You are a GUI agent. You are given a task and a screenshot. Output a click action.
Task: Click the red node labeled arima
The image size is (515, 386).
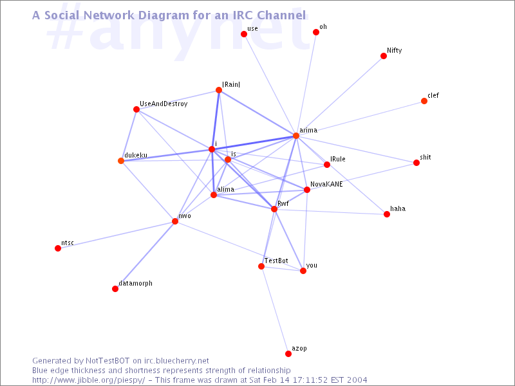click(296, 136)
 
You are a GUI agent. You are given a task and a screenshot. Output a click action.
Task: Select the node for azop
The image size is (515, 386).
click(288, 353)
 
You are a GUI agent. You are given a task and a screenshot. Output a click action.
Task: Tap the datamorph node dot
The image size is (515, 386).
click(115, 288)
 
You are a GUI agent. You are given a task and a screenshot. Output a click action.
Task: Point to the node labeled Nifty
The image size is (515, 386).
click(383, 56)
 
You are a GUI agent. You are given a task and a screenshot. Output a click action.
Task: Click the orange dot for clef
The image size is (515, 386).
click(424, 101)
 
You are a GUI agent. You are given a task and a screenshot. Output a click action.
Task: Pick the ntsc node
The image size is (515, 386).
click(58, 248)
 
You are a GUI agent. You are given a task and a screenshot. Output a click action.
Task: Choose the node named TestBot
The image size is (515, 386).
click(261, 266)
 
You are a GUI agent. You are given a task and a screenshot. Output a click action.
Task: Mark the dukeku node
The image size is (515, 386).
click(121, 160)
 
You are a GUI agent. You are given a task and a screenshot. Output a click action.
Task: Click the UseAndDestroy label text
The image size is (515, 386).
click(164, 104)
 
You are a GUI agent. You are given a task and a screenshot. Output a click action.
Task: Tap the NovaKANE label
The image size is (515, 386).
click(326, 184)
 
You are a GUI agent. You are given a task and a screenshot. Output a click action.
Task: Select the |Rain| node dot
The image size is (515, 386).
click(219, 90)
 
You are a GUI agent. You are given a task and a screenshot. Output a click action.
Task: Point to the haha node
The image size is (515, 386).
click(387, 214)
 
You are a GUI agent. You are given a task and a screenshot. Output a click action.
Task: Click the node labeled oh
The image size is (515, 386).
click(315, 32)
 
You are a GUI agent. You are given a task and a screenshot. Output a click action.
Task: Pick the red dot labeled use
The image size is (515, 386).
click(244, 34)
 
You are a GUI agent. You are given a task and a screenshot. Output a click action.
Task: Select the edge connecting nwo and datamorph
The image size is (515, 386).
click(145, 255)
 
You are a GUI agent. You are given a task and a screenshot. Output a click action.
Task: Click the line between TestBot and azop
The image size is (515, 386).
click(275, 310)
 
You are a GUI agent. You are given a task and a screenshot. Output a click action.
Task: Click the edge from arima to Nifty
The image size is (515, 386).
click(340, 95)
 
